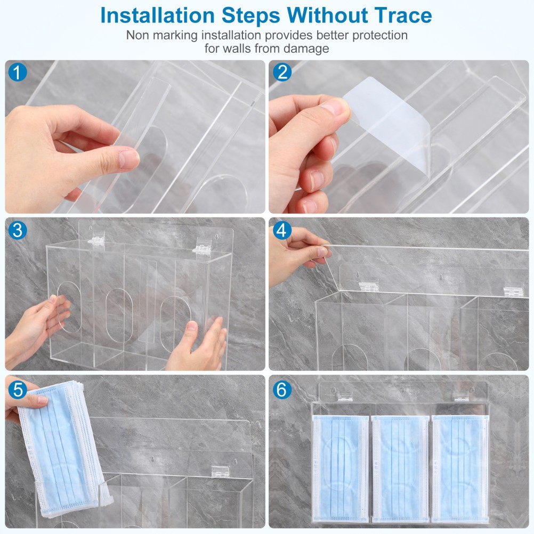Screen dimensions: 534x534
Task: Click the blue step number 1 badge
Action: point(18,72)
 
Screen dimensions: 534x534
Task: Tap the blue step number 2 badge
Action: point(282,72)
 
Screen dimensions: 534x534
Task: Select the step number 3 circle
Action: point(18,230)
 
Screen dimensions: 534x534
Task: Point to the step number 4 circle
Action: point(282,231)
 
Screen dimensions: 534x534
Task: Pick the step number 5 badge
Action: point(18,389)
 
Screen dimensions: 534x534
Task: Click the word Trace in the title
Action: point(403,15)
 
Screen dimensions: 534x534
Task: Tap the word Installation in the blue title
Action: point(158,15)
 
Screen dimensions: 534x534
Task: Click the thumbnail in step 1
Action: point(128,159)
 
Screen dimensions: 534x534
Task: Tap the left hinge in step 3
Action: point(96,238)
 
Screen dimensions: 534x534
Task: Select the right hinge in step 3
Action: point(201,246)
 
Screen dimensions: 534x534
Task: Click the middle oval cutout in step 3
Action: point(119,315)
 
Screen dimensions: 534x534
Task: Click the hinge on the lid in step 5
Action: point(218,471)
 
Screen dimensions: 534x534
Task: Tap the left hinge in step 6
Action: point(345,396)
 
